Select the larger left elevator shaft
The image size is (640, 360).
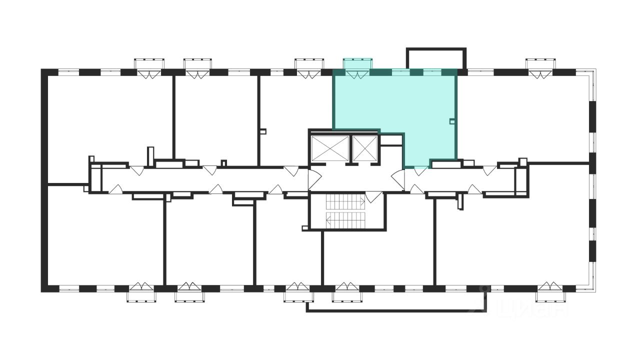[329, 148]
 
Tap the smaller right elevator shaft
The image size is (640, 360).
[363, 148]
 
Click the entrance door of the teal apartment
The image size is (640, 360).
[420, 170]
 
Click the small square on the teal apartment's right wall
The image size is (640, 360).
[452, 120]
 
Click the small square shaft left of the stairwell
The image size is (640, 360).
[304, 228]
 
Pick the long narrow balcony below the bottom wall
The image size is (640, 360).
[395, 306]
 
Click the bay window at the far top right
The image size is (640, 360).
[540, 66]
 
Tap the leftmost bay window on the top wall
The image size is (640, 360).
[149, 66]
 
